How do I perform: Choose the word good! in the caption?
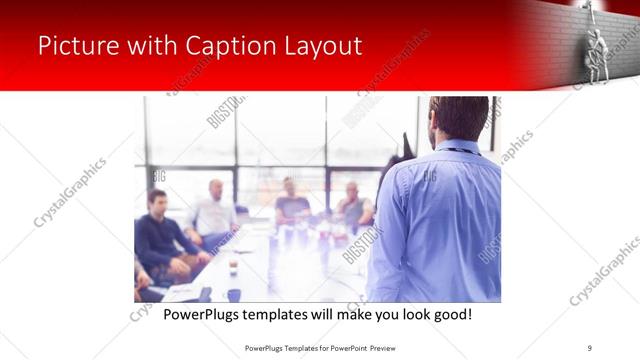pos(449,315)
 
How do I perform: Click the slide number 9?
pos(590,347)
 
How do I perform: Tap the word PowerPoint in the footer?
pos(341,347)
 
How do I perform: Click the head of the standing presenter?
pos(460,118)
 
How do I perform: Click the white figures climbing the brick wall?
pos(598,45)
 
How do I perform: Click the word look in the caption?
pos(403,315)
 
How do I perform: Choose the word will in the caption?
pos(338,315)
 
